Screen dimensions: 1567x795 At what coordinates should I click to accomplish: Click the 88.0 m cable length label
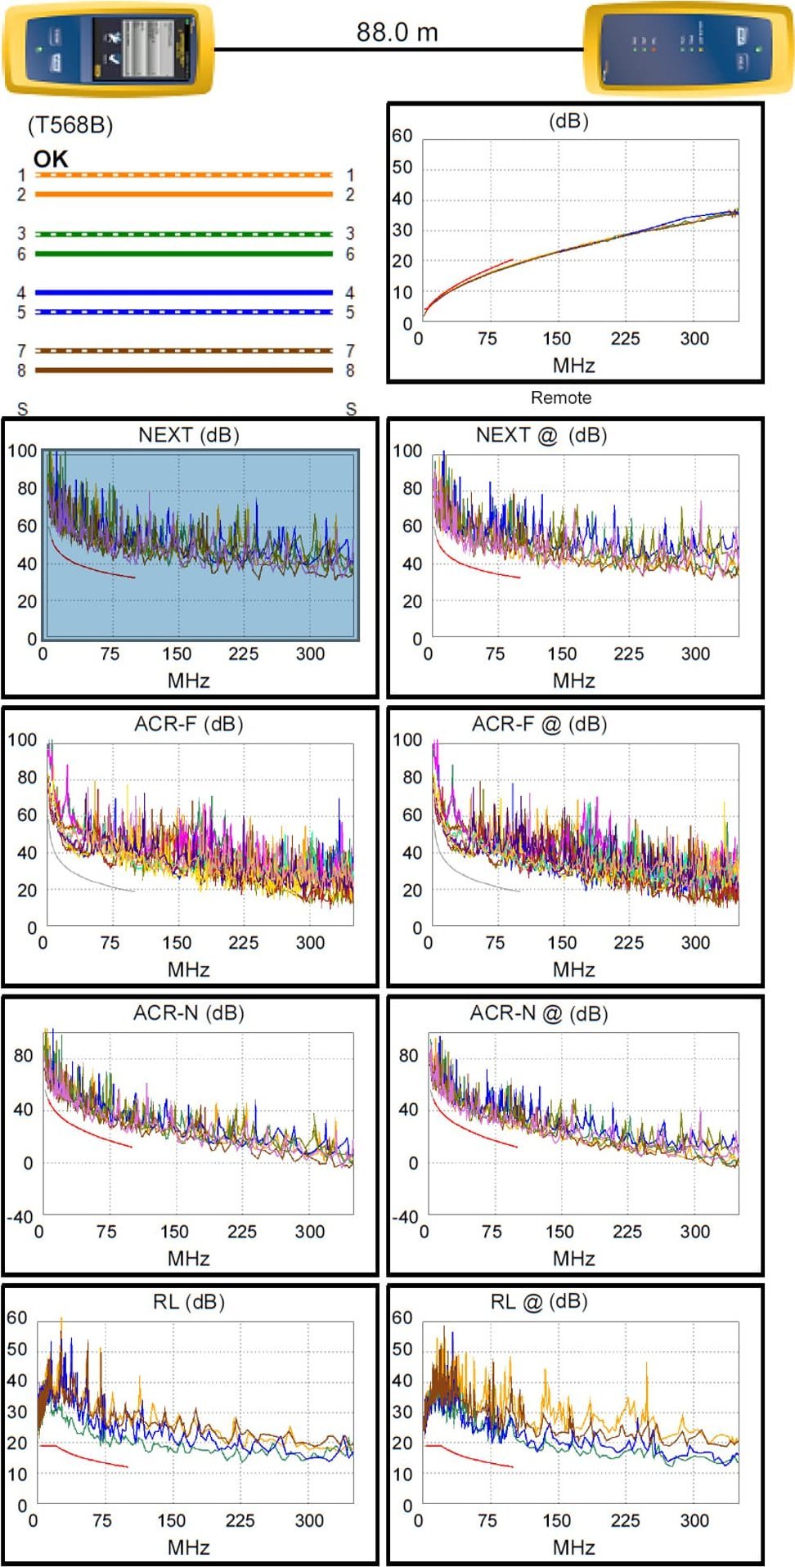(x=397, y=33)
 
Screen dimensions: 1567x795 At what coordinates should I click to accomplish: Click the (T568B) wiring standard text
(x=70, y=125)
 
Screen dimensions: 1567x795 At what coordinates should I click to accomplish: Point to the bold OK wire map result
(x=51, y=159)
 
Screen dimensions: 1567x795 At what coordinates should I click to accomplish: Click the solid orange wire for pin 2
(x=183, y=195)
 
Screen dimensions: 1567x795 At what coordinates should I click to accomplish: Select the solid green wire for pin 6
(x=183, y=254)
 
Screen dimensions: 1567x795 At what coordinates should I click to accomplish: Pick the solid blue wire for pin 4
(x=183, y=292)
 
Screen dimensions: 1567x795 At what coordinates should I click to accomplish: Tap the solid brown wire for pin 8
(x=183, y=370)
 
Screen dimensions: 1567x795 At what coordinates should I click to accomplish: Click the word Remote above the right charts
(x=560, y=398)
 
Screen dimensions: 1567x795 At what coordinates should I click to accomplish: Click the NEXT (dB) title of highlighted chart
(x=189, y=435)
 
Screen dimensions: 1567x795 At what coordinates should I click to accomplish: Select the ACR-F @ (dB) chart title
(x=539, y=725)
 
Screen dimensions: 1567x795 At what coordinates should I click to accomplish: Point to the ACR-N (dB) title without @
(x=189, y=1013)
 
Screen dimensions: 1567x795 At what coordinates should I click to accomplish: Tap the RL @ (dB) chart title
(x=539, y=1302)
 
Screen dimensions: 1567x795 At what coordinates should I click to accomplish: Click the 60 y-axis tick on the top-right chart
(x=402, y=136)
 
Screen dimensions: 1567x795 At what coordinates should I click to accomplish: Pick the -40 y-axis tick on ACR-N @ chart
(x=406, y=1216)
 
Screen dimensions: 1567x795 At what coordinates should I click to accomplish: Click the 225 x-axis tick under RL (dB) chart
(x=240, y=1520)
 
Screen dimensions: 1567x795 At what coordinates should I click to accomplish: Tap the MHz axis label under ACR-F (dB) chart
(x=189, y=970)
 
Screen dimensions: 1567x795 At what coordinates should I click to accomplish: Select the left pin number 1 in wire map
(x=22, y=175)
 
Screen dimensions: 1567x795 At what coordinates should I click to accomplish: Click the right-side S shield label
(x=351, y=409)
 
